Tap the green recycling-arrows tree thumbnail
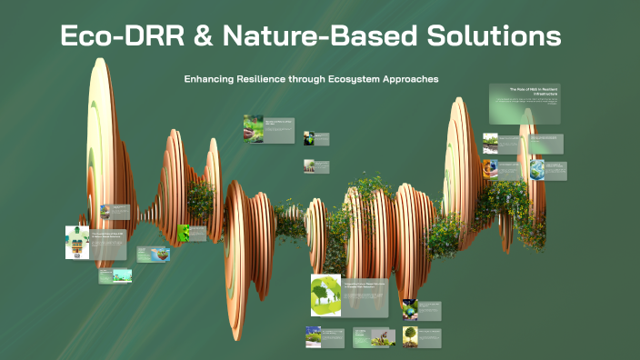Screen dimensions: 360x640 coord(325,295)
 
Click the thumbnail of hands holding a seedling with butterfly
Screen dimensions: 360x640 coord(254,128)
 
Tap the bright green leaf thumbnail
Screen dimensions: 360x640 coord(185,232)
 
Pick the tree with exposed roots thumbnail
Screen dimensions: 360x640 coord(411,336)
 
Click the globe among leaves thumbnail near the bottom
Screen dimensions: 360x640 coord(410,308)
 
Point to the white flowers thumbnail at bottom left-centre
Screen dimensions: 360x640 coord(313,336)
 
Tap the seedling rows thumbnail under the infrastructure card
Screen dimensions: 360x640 coord(490,143)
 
